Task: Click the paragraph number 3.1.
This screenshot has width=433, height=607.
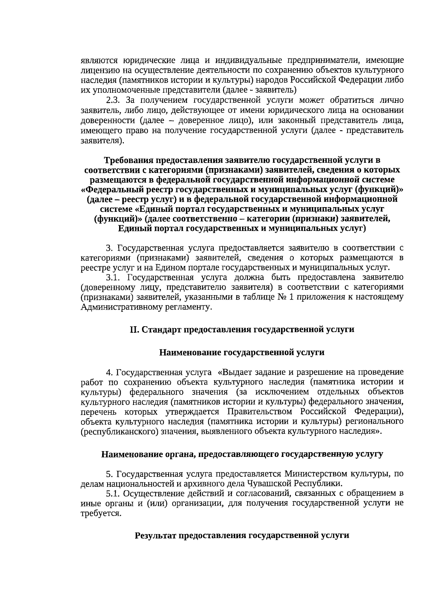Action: coord(113,278)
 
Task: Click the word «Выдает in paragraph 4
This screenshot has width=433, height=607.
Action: coord(235,372)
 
